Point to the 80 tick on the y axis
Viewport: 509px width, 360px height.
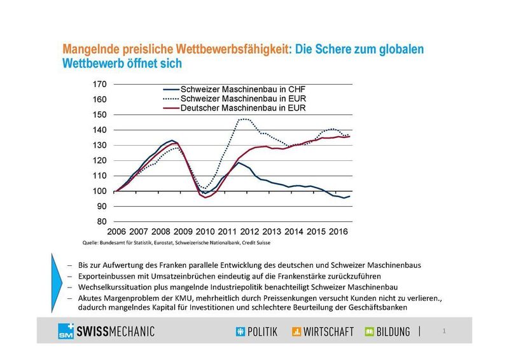(x=101, y=221)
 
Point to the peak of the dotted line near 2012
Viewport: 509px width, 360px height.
(x=243, y=119)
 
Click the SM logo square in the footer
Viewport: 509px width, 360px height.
(x=65, y=331)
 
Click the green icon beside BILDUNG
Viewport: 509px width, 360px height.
(x=370, y=331)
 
